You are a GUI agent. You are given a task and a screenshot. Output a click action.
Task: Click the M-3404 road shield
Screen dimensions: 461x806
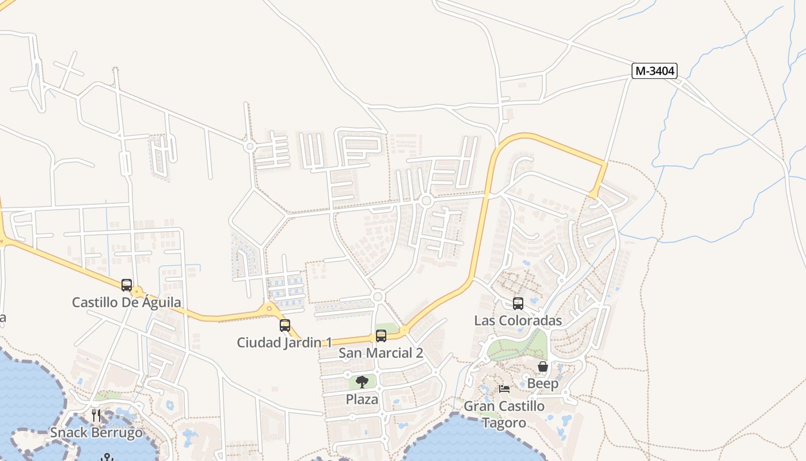click(x=654, y=71)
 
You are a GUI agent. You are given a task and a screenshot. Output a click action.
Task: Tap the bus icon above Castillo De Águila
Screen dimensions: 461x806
click(x=127, y=285)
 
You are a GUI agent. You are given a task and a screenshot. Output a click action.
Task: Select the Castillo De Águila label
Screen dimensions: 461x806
click(x=127, y=302)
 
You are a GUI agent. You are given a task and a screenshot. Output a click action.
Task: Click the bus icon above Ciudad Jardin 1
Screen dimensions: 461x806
click(x=285, y=325)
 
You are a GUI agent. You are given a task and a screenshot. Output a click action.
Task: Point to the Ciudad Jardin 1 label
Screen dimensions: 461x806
click(x=284, y=342)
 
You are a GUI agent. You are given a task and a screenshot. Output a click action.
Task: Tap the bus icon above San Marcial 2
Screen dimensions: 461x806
click(x=381, y=335)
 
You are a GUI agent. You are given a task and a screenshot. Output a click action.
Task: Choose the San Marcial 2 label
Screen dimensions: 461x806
click(x=381, y=353)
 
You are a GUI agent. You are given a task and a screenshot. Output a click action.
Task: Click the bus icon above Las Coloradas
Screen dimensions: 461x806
click(x=518, y=303)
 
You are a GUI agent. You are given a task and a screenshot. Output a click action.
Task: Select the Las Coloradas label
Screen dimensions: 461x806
click(x=518, y=320)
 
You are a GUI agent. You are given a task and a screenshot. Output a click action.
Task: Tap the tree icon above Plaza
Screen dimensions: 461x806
click(x=362, y=381)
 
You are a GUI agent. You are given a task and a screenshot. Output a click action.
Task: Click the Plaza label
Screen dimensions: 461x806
click(x=362, y=399)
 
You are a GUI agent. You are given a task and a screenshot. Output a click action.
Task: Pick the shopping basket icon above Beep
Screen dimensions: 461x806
click(x=543, y=366)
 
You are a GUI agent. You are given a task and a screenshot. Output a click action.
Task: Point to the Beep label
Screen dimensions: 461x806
click(x=543, y=383)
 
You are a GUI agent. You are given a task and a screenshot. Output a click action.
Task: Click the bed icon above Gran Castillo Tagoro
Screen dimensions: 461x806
click(x=504, y=389)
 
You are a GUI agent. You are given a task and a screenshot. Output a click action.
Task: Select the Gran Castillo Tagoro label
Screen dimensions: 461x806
click(x=504, y=414)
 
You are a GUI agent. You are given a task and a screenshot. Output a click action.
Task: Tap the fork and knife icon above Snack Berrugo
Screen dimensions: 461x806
click(x=96, y=415)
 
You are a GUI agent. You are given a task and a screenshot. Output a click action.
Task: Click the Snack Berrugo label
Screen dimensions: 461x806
click(x=96, y=432)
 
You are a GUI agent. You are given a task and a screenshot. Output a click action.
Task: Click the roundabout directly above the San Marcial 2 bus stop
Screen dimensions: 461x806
click(x=378, y=297)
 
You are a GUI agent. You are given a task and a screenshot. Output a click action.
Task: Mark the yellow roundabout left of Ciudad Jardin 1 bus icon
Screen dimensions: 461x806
click(x=269, y=309)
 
